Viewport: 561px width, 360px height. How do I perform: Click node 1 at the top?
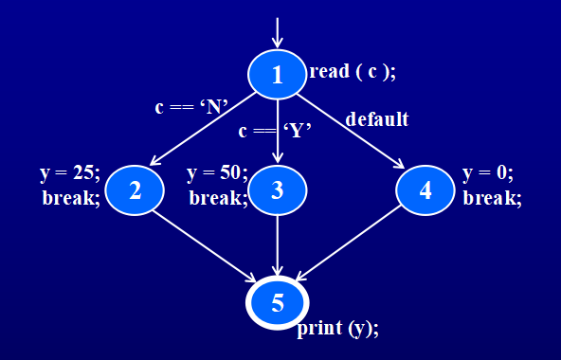point(277,74)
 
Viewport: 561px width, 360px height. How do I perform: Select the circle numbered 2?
point(136,189)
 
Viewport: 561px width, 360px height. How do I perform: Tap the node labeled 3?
point(277,189)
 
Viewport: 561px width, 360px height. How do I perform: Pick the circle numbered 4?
point(425,189)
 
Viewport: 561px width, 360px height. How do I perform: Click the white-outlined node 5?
point(277,303)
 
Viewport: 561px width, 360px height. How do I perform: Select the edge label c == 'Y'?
point(275,131)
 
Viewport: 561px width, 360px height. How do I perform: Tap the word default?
point(377,119)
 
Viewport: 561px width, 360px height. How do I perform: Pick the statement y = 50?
point(218,174)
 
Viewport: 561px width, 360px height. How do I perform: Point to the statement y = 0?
point(488,174)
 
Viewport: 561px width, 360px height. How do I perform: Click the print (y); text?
point(338,329)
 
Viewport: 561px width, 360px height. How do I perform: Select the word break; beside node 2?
point(71,198)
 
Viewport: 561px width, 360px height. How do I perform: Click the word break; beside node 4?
point(492,198)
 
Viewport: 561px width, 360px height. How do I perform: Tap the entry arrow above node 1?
point(277,31)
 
